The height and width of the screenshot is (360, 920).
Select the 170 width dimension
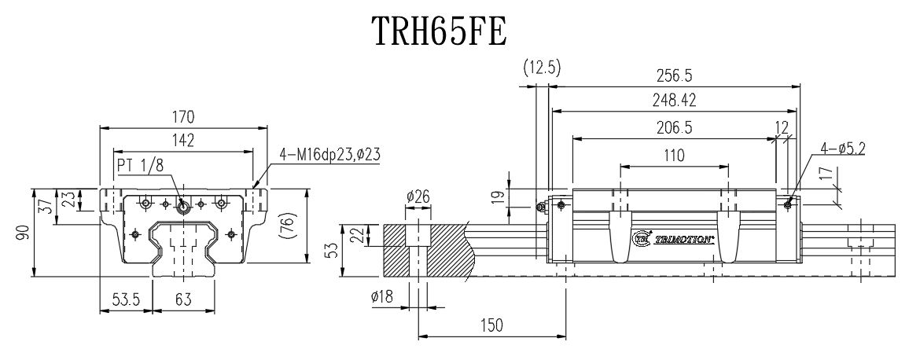tap(182, 116)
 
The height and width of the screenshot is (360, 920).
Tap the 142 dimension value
tap(182, 140)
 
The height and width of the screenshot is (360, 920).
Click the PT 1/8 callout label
tap(140, 165)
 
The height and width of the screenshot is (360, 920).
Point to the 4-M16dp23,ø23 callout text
tap(330, 156)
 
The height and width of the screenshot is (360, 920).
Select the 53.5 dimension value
tap(125, 300)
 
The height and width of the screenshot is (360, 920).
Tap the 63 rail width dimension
tap(182, 300)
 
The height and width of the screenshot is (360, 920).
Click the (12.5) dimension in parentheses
tap(541, 68)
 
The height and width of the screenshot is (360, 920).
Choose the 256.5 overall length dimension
tap(674, 75)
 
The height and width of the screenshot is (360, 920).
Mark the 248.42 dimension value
tap(674, 101)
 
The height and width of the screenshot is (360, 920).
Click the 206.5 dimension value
tap(674, 127)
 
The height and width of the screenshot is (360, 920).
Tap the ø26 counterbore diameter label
tap(418, 197)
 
